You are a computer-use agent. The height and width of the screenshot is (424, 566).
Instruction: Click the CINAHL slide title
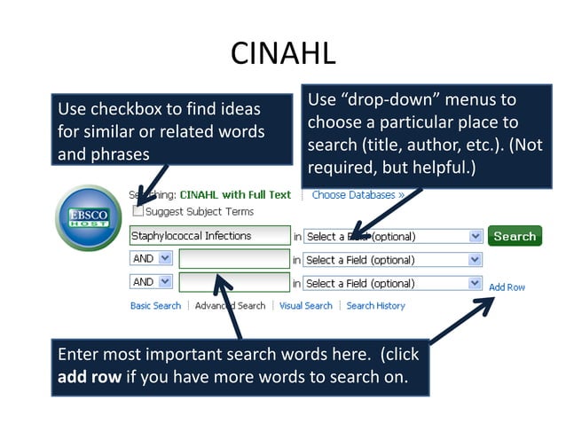pos(283,53)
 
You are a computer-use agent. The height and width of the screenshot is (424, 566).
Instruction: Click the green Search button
pos(515,236)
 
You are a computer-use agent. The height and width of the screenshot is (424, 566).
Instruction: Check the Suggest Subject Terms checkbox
pos(138,211)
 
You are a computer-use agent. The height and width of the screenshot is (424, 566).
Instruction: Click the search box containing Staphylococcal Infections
pos(209,236)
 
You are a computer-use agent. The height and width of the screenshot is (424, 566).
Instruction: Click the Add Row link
pos(507,287)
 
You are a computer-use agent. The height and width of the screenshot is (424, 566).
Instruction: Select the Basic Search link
pos(155,306)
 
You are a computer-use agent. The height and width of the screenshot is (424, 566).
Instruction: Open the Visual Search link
pos(305,306)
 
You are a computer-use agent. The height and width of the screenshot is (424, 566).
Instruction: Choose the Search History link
pos(375,306)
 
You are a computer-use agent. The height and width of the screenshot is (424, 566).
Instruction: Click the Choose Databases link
pos(358,194)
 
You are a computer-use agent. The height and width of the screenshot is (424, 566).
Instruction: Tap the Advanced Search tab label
pos(230,306)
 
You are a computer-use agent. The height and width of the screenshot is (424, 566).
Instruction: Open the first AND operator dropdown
pos(151,259)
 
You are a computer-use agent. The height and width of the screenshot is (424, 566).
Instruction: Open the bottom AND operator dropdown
pos(151,282)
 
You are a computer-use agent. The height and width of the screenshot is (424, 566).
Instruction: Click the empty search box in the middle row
pos(234,259)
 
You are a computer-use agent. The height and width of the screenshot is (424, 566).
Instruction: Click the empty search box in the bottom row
pos(234,283)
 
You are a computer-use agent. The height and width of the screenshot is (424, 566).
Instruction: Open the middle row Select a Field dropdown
pos(393,260)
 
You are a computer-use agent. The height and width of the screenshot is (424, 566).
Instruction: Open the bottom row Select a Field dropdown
pos(393,283)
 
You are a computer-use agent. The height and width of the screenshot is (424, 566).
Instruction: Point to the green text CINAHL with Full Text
pos(235,194)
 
